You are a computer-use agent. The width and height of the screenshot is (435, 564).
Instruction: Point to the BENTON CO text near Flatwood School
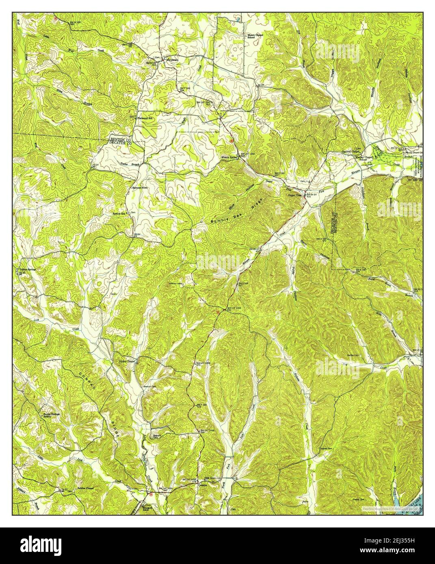tap(121, 139)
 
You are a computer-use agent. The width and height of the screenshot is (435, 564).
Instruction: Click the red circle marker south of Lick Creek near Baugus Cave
tap(150, 495)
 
